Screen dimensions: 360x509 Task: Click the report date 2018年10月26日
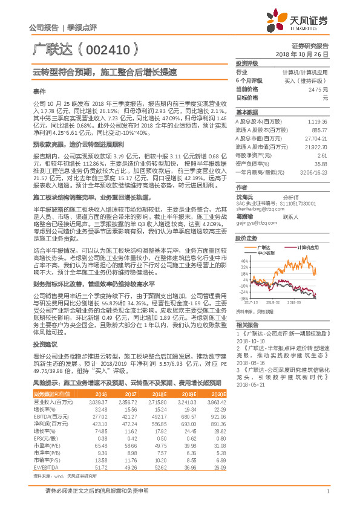[x=302, y=54]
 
